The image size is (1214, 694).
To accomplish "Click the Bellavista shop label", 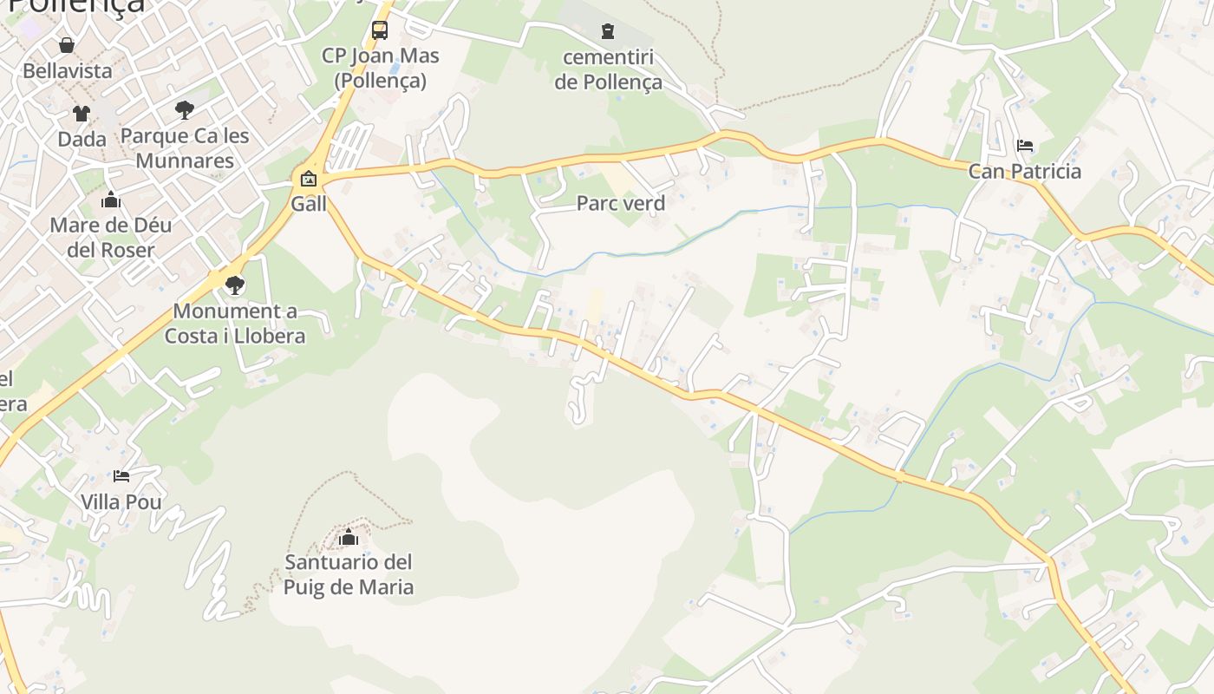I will (68, 71).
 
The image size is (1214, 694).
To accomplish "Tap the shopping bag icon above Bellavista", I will (67, 44).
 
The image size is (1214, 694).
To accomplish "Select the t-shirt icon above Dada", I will (81, 113).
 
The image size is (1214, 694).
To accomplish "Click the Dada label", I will (82, 139).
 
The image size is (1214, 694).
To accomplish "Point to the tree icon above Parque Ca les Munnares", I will (184, 109).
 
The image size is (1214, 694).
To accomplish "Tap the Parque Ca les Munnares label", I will (185, 148).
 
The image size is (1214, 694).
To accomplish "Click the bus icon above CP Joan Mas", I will (380, 30).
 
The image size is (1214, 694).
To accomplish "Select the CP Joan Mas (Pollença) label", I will (381, 69).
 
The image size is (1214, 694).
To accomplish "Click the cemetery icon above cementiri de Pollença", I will (608, 32).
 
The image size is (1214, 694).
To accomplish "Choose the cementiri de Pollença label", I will (608, 70).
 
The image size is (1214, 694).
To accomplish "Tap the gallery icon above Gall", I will (308, 180).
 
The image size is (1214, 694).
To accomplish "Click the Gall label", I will (309, 205).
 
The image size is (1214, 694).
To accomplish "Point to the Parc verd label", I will (621, 204).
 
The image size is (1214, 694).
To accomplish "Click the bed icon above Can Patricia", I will (1024, 145).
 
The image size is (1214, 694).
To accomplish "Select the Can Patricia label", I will (1024, 171).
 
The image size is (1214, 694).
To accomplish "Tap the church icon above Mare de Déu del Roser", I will (110, 200).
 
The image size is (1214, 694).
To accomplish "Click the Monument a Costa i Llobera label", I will (235, 324).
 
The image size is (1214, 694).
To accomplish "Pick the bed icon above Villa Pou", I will (121, 476).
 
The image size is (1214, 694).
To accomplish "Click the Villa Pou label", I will (121, 502).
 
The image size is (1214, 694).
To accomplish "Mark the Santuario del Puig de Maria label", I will (349, 575).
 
